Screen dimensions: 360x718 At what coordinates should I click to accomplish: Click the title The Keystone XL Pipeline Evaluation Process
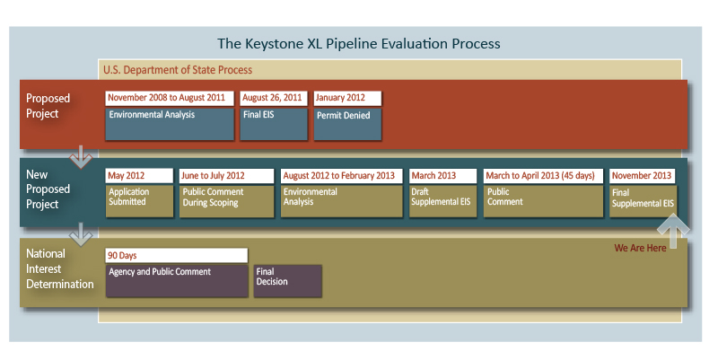pyautogui.click(x=359, y=43)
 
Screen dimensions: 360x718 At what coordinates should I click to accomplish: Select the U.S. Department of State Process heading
pyautogui.click(x=178, y=69)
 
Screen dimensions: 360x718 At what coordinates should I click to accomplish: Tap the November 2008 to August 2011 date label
pyautogui.click(x=169, y=98)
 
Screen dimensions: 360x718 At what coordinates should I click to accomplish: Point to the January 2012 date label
pyautogui.click(x=347, y=98)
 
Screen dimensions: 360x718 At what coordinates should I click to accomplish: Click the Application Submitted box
pyautogui.click(x=139, y=201)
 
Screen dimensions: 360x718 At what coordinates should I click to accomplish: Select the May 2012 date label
pyautogui.click(x=139, y=175)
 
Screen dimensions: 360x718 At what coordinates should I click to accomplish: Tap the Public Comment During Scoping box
pyautogui.click(x=226, y=201)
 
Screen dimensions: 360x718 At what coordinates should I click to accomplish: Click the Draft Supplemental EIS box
pyautogui.click(x=442, y=201)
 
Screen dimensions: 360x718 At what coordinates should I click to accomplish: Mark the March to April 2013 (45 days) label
pyautogui.click(x=543, y=175)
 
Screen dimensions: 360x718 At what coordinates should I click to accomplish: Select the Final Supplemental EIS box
pyautogui.click(x=643, y=201)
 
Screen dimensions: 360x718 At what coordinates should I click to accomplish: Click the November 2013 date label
pyautogui.click(x=643, y=175)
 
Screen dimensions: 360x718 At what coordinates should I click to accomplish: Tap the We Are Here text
pyautogui.click(x=640, y=248)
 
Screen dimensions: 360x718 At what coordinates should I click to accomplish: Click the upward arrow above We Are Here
pyautogui.click(x=672, y=226)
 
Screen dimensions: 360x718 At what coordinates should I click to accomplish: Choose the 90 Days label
pyautogui.click(x=176, y=255)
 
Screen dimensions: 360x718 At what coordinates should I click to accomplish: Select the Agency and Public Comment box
pyautogui.click(x=176, y=281)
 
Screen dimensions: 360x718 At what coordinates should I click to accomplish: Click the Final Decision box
pyautogui.click(x=287, y=281)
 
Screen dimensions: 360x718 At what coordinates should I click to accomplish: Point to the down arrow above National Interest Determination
pyautogui.click(x=82, y=235)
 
